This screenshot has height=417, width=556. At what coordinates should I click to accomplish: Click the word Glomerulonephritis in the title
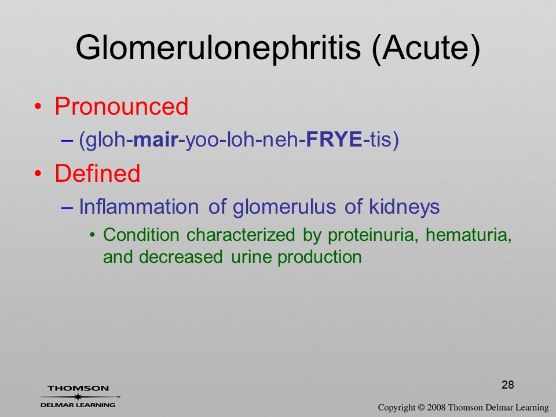point(218,48)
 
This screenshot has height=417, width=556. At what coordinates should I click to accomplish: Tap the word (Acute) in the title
point(426,48)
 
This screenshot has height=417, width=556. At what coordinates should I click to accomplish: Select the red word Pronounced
point(121,106)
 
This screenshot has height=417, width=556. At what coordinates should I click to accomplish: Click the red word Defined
point(97,173)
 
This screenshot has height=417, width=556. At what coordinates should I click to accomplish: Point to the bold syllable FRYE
point(334,139)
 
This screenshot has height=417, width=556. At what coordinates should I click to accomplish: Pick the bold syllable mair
point(155,139)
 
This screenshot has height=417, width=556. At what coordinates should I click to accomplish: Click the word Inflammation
point(138,206)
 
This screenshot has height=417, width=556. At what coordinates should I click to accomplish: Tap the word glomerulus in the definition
point(284,207)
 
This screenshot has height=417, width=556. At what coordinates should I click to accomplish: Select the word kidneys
point(404,207)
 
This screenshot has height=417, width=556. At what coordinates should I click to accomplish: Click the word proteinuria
point(371,235)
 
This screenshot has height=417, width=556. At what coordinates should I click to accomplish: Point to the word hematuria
point(469,235)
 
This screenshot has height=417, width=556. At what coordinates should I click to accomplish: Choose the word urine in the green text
point(252,257)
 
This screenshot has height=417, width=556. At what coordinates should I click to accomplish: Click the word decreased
point(181,257)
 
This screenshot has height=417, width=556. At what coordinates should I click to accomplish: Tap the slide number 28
point(508,385)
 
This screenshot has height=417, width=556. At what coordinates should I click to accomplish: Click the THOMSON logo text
point(78,388)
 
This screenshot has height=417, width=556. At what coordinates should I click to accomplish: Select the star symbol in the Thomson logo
point(78,397)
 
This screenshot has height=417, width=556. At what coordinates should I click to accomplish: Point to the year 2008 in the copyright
point(437,407)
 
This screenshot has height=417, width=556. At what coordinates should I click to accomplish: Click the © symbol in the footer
point(421,407)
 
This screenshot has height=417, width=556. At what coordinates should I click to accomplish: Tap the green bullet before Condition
point(93,235)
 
